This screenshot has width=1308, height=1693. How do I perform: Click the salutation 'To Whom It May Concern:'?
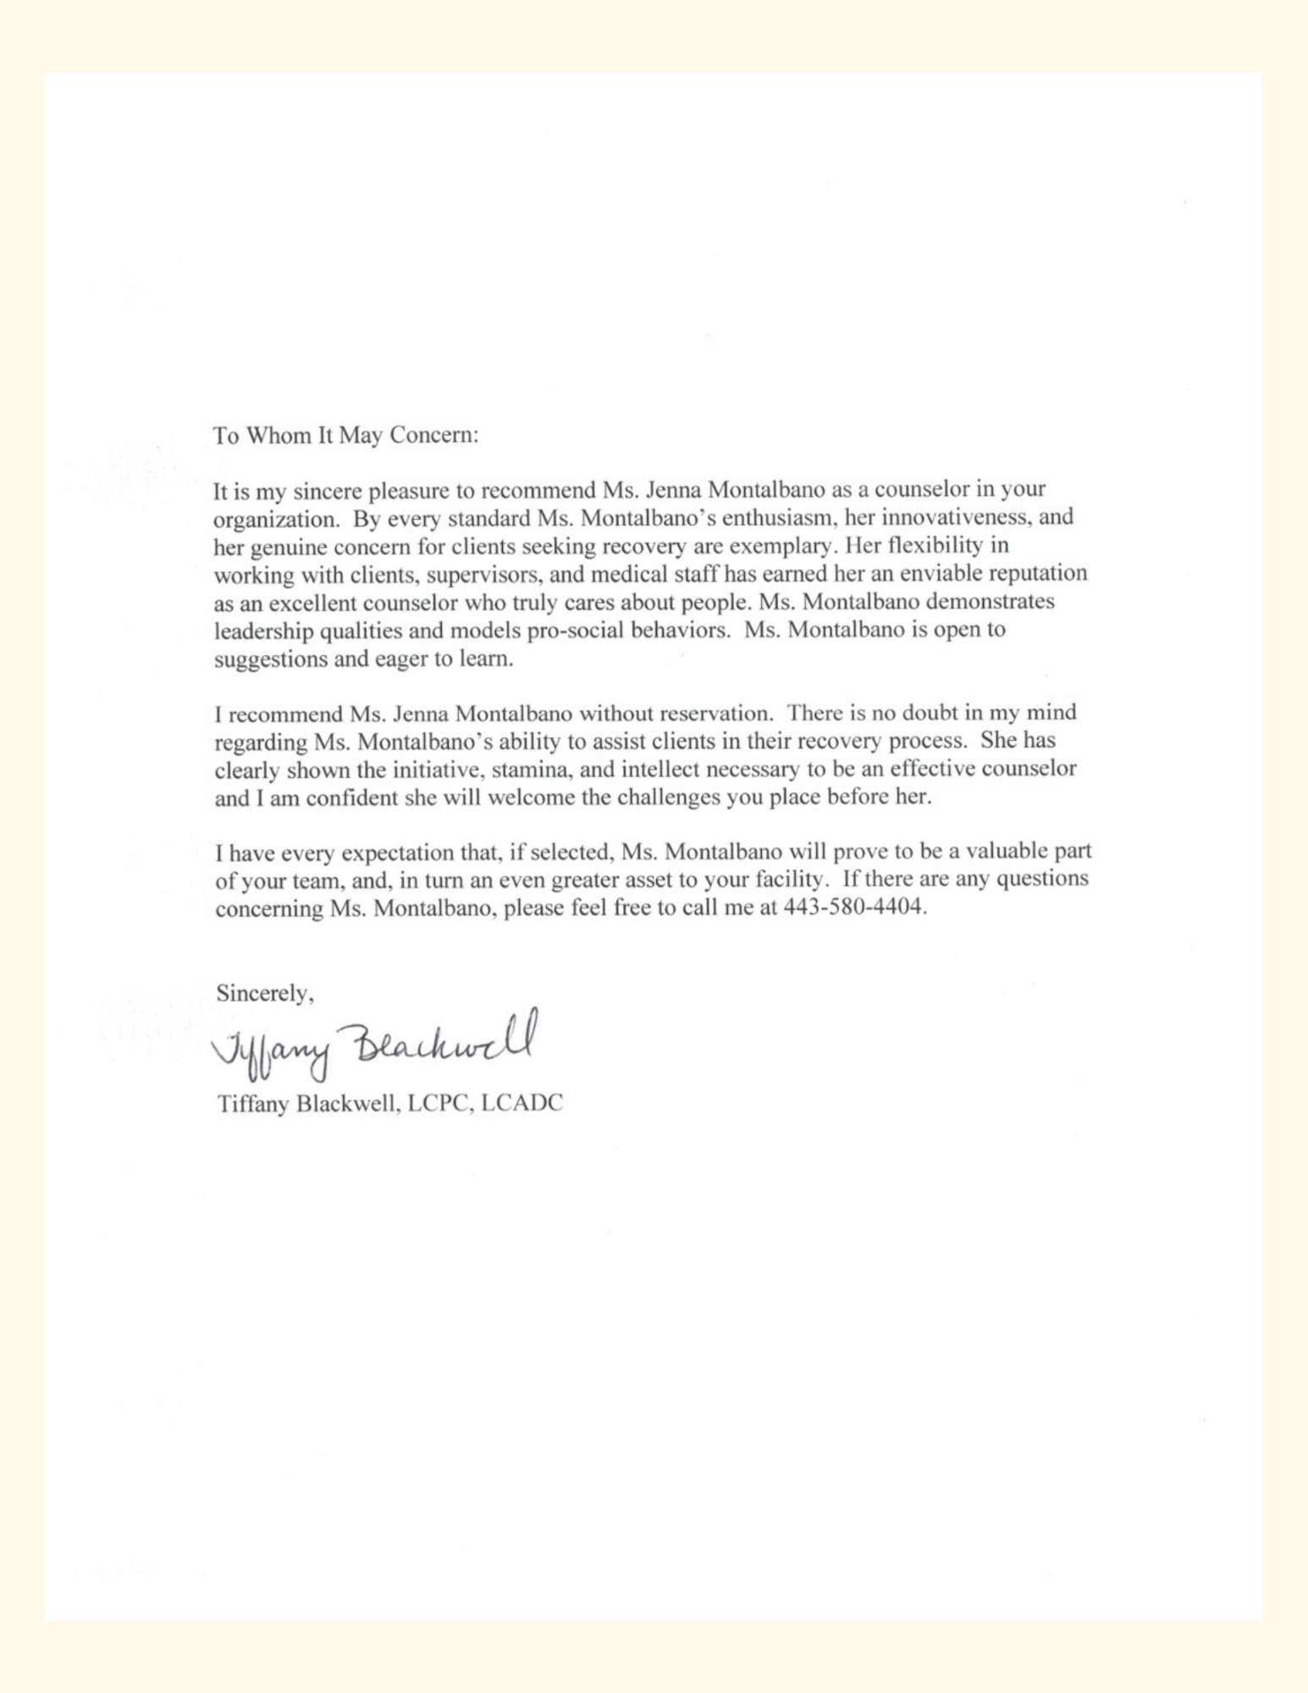point(346,435)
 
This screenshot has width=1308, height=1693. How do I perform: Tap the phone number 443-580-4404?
point(855,907)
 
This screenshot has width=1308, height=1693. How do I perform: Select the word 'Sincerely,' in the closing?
point(265,993)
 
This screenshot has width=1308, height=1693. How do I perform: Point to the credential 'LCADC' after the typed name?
point(522,1104)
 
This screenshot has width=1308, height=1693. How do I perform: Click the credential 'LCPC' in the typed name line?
point(439,1104)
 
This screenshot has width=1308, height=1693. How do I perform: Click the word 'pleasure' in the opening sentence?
point(410,490)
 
